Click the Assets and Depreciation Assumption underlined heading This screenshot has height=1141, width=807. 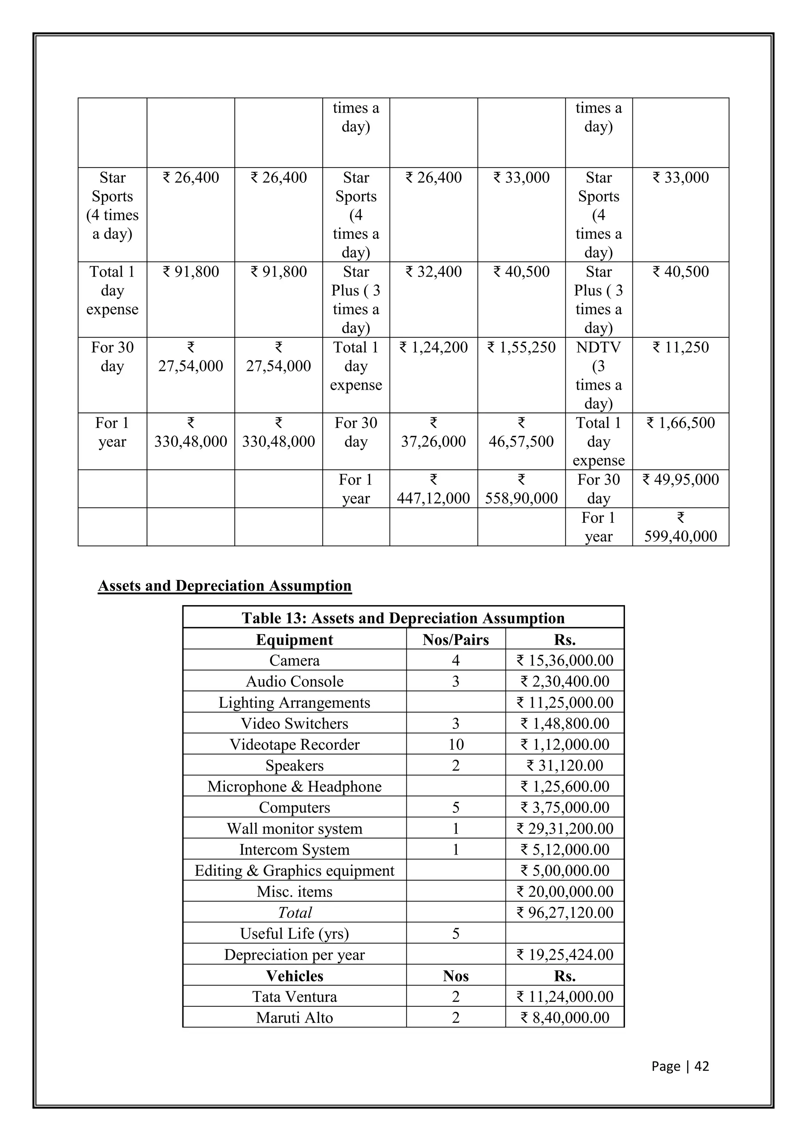(225, 585)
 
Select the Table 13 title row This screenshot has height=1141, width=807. (403, 618)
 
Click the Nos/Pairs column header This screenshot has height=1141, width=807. (456, 639)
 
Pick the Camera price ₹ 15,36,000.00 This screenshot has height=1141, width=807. (565, 660)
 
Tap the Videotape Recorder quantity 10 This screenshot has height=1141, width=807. (456, 744)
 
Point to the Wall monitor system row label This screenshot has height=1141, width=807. (294, 829)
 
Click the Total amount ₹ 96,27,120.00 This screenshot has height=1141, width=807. (565, 912)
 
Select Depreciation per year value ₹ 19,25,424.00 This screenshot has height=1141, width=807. (565, 955)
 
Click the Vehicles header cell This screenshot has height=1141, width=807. (294, 976)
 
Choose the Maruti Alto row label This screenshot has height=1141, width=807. (294, 1018)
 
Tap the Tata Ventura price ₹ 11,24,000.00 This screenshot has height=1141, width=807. (565, 996)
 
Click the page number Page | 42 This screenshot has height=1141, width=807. (680, 1066)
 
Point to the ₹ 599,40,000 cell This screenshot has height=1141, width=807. (680, 527)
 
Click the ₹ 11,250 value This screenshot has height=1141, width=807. (680, 348)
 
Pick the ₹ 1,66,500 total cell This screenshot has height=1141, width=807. (680, 423)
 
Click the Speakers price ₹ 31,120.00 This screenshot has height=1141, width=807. (565, 765)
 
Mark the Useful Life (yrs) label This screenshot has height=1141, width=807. (294, 934)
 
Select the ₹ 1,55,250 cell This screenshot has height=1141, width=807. (521, 348)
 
